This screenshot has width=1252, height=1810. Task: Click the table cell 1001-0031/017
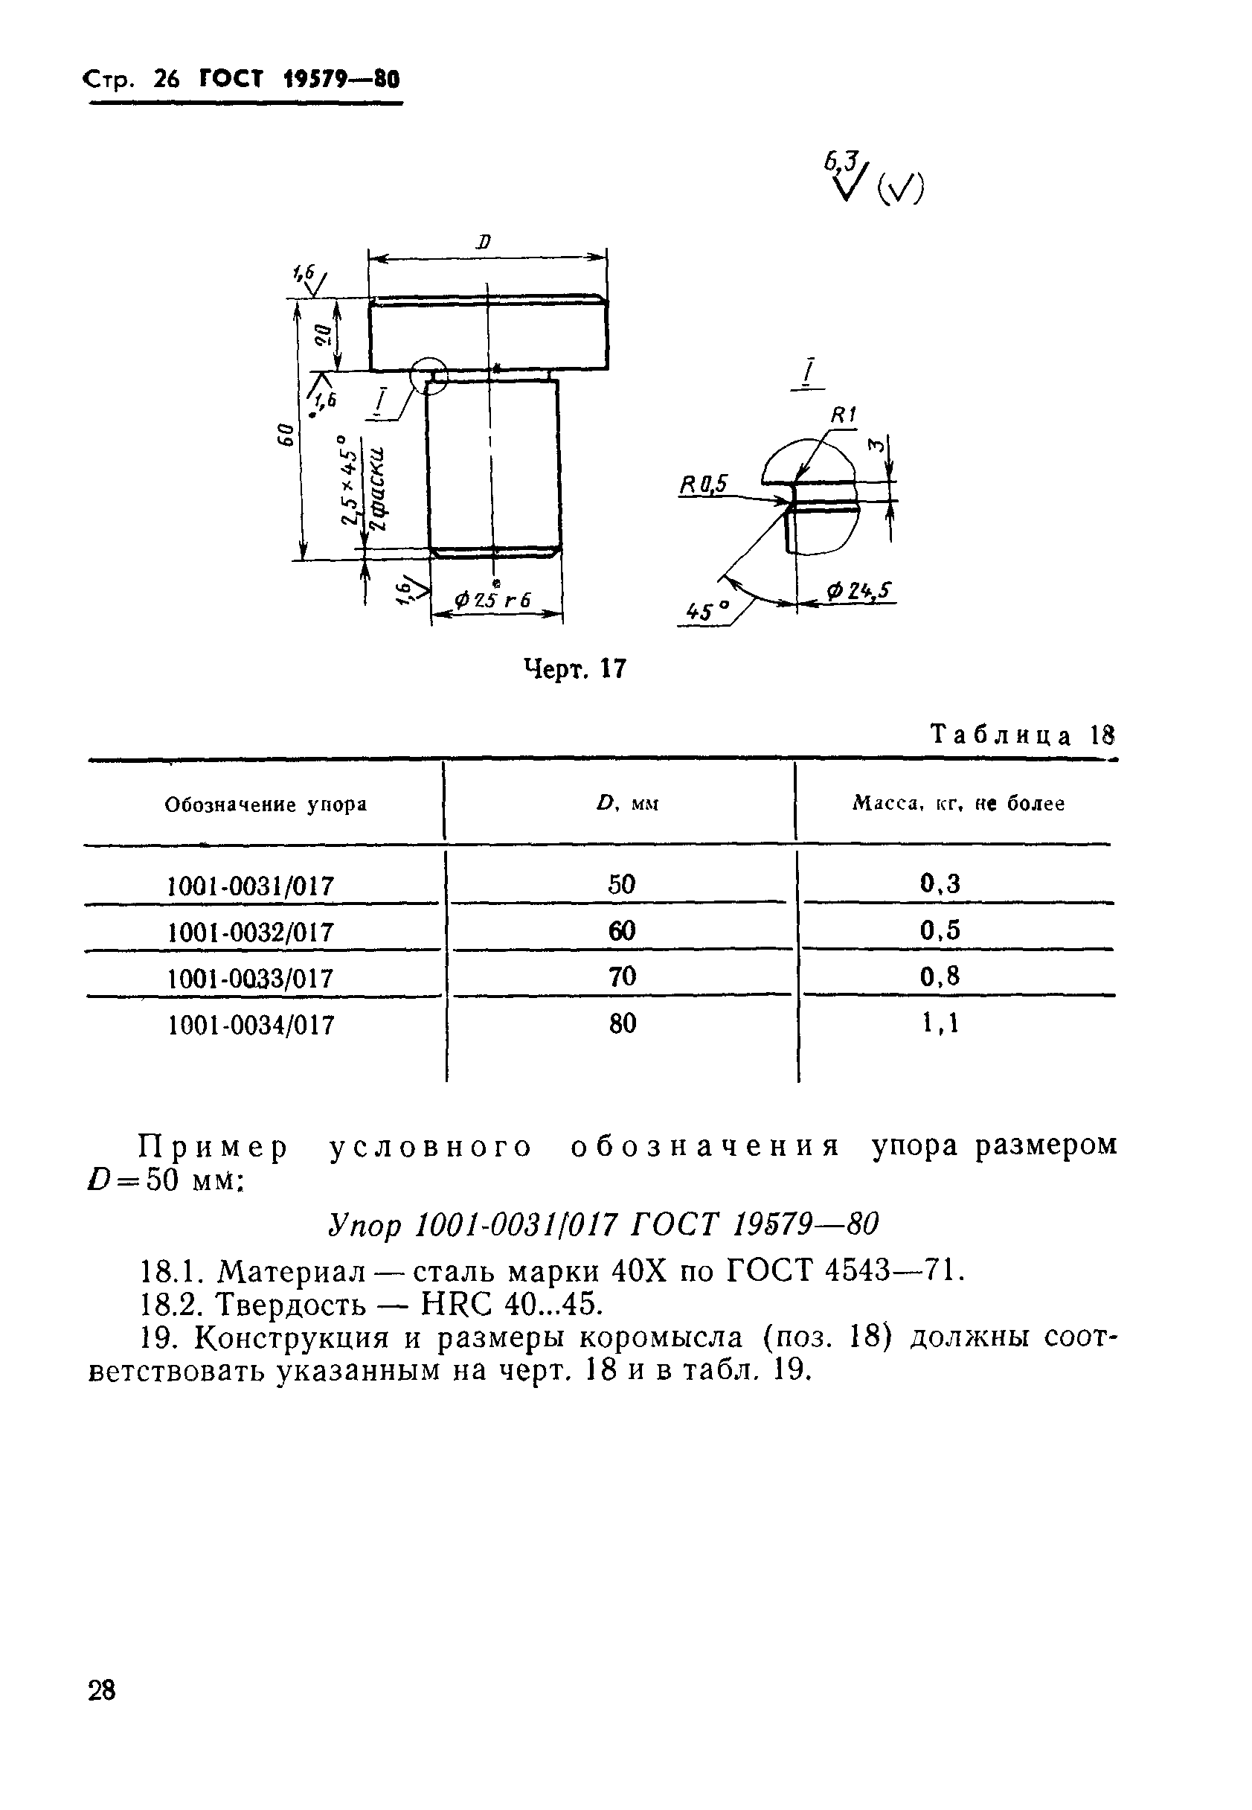pos(251,886)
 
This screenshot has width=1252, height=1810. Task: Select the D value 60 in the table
pos(621,931)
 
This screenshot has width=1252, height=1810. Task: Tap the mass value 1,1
pos(940,1023)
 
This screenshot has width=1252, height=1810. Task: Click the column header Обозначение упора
pos(266,805)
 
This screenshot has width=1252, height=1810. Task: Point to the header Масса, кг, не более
pos(959,805)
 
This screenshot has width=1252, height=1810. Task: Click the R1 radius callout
pos(844,415)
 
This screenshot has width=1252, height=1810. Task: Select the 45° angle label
pos(707,611)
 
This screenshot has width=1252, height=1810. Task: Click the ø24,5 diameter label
pos(860,590)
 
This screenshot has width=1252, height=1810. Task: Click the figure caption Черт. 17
pos(575,668)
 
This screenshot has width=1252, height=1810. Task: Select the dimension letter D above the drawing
pos(484,242)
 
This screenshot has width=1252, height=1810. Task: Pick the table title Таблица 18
pos(1022,735)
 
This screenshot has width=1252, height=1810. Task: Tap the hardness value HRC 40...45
pos(512,1305)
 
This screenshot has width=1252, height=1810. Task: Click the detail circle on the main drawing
pos(429,375)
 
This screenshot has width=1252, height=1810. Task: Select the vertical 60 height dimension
pos(285,433)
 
